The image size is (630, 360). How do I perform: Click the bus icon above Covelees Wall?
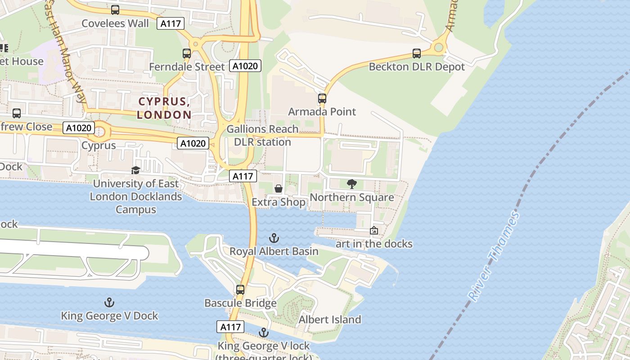(x=115, y=9)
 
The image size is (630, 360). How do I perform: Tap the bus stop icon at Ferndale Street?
(x=187, y=53)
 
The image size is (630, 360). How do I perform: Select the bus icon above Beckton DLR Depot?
(x=417, y=53)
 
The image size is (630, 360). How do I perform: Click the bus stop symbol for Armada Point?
(x=322, y=98)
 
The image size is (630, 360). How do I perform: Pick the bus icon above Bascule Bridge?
(x=240, y=289)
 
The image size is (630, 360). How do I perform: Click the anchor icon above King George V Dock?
(x=109, y=302)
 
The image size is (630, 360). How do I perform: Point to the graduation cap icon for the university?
(x=135, y=170)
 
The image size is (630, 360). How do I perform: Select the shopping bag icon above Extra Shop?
(x=279, y=189)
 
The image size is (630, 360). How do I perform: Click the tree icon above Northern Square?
(x=352, y=184)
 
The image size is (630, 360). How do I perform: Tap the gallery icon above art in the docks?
(x=374, y=230)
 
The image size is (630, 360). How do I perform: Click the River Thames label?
(x=494, y=256)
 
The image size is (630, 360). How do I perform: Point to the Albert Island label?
(x=330, y=319)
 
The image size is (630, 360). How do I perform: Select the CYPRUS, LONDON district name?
(x=164, y=108)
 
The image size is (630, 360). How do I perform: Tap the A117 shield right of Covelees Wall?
(x=171, y=23)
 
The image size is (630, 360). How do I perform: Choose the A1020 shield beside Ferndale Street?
(x=245, y=66)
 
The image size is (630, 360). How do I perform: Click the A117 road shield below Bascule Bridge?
(x=230, y=327)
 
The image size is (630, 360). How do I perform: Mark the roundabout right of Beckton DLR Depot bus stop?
(x=439, y=47)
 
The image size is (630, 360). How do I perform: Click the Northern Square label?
(x=352, y=197)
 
